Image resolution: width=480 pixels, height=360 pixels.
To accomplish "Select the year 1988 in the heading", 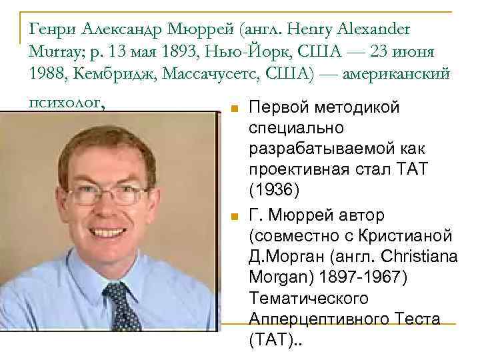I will pos(45,74).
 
